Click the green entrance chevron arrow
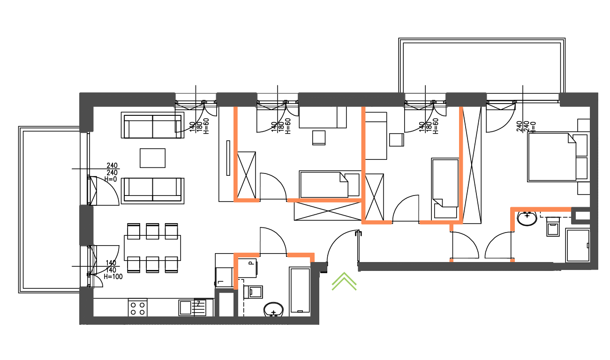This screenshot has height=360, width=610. [344, 281]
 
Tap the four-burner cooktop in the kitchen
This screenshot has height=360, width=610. [137, 307]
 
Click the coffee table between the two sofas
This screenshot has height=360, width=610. [152, 158]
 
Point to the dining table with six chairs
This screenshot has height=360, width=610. [152, 247]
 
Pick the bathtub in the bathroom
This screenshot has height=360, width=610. [300, 290]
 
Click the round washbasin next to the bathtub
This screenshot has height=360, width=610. [273, 309]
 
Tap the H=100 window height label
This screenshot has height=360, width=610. [113, 277]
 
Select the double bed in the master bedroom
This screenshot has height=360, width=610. [551, 157]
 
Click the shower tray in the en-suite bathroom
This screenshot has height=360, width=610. [577, 245]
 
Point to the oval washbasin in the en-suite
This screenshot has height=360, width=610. [527, 218]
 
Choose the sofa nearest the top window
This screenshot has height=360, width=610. [151, 125]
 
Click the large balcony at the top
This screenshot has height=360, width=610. [482, 65]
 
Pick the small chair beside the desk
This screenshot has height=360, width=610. [319, 137]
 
